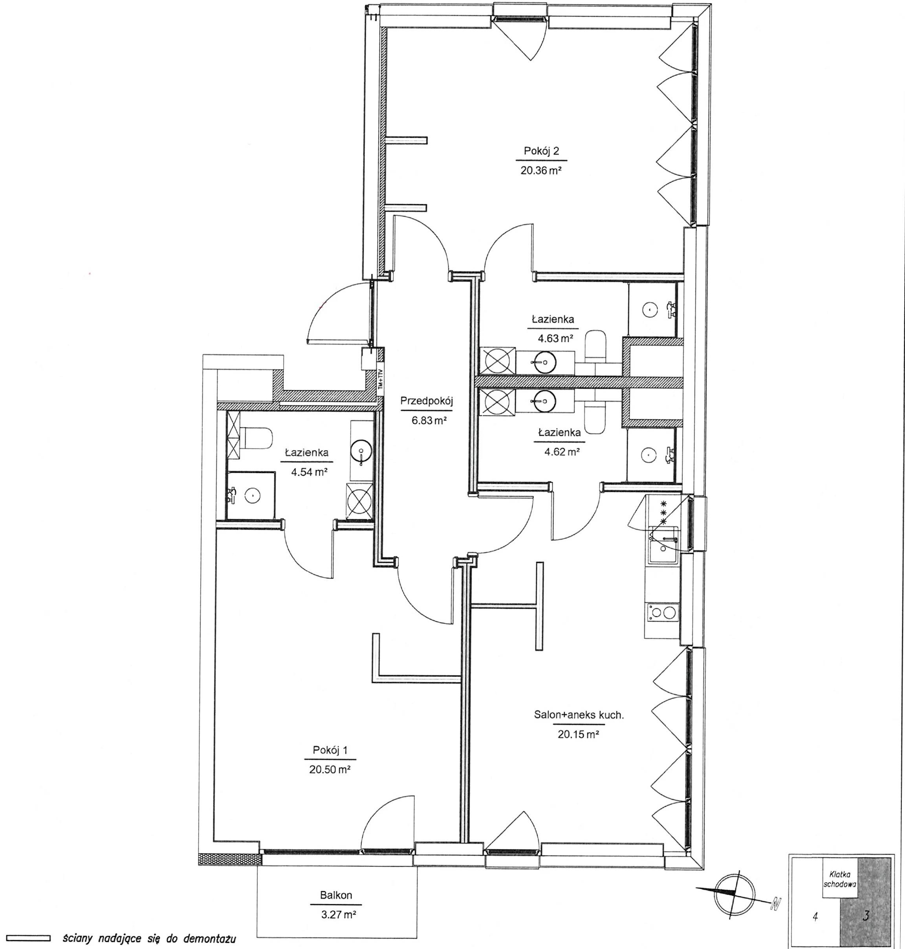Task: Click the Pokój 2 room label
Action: click(542, 151)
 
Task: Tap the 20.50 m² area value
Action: click(330, 769)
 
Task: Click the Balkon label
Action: click(336, 895)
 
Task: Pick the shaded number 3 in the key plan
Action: click(865, 915)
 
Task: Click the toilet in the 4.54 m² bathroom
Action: click(256, 437)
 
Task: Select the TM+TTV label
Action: click(380, 379)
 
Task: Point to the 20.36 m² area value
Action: click(541, 170)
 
